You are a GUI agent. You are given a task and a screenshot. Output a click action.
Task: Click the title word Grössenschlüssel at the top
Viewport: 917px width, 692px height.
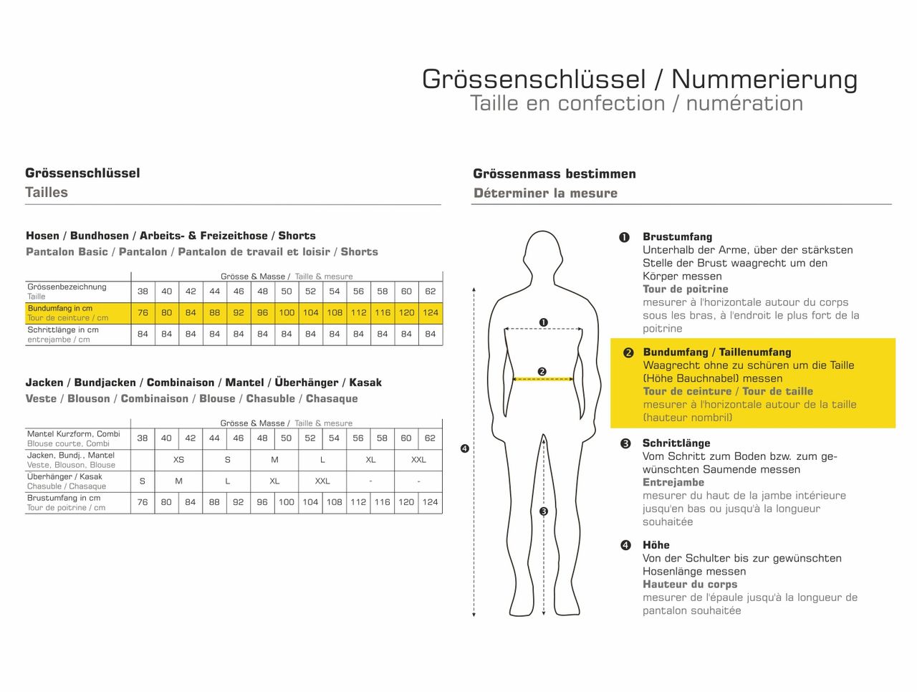click(x=534, y=79)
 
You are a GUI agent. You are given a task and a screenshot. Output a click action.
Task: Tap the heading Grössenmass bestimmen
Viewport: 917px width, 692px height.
click(x=554, y=173)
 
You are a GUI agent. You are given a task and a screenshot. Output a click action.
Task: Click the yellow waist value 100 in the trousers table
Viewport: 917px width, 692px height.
click(x=287, y=313)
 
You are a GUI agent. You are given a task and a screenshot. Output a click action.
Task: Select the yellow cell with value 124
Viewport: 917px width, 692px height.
click(x=430, y=313)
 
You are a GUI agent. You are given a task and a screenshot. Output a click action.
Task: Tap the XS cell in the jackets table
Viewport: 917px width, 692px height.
click(x=178, y=460)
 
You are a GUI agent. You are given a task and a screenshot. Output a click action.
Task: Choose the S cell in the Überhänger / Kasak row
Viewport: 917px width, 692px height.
click(x=143, y=481)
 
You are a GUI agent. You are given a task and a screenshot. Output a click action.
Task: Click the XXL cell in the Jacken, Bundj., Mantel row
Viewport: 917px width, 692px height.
click(x=418, y=460)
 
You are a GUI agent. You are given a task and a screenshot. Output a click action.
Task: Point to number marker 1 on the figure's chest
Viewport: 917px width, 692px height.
click(x=543, y=322)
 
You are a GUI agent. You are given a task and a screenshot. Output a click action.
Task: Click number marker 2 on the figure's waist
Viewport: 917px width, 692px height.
click(x=542, y=371)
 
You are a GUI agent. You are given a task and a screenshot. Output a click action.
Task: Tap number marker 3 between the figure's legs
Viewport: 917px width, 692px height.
click(x=544, y=511)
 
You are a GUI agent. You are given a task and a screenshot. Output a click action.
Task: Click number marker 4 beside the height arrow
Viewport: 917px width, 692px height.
click(x=464, y=448)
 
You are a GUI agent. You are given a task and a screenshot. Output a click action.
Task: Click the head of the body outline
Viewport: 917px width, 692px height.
click(x=543, y=254)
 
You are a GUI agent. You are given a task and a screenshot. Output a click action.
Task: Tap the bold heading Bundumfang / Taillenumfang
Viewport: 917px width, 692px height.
click(x=716, y=352)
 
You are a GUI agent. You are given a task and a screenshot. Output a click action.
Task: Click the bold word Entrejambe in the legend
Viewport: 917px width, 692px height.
click(x=673, y=482)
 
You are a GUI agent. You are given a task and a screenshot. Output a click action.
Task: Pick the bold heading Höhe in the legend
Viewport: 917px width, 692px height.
click(x=656, y=545)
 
